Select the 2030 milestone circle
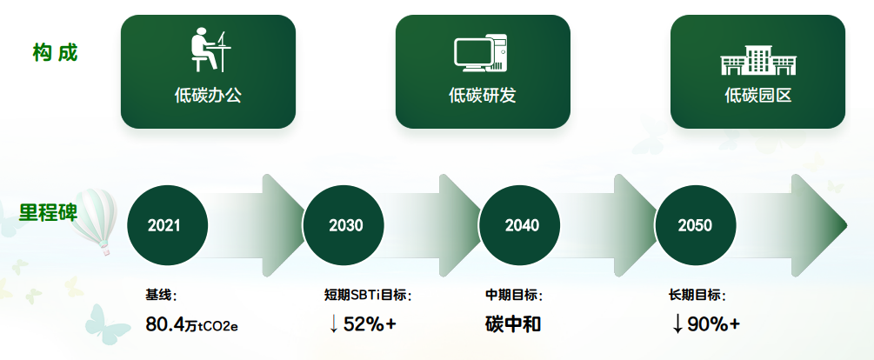[344, 225]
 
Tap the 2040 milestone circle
[520, 225]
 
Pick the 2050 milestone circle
[695, 225]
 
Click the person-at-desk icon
[210, 50]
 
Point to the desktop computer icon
[480, 53]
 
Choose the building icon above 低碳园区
[758, 60]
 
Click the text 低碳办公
[208, 96]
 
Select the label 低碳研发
[483, 96]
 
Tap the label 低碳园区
[758, 96]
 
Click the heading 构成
[55, 53]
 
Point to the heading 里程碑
[48, 212]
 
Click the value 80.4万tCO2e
[191, 323]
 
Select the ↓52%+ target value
[363, 323]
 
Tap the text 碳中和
[513, 323]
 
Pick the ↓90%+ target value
[706, 323]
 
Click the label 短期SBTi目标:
[368, 295]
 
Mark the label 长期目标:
[697, 295]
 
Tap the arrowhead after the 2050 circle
[818, 225]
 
